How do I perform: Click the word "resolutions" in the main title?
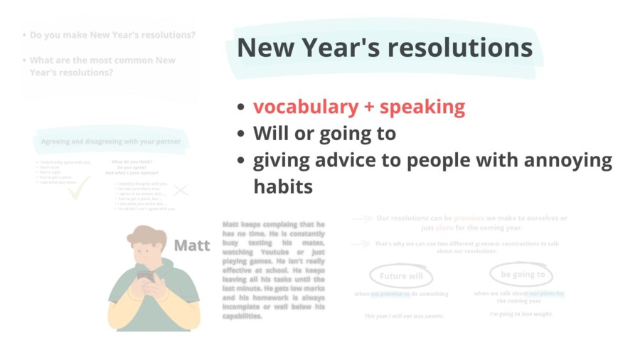(461, 48)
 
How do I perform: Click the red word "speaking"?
(422, 107)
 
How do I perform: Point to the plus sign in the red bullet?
(368, 107)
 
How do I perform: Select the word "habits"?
(283, 186)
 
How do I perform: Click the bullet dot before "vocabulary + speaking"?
(242, 107)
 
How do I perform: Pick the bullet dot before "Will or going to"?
(242, 134)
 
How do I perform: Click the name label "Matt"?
(192, 245)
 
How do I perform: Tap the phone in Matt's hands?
(145, 274)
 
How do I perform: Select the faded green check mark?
(78, 186)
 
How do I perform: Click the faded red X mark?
(181, 190)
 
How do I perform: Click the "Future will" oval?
(401, 276)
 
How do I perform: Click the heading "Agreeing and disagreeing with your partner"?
(111, 142)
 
